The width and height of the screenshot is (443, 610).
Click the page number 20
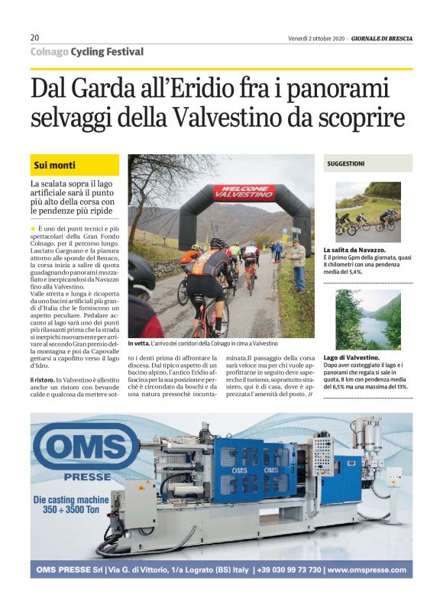[35, 37]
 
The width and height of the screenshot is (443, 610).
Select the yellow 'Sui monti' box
[75, 165]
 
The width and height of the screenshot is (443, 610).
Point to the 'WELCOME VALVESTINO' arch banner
[244, 192]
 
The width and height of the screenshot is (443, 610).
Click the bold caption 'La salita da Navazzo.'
[354, 250]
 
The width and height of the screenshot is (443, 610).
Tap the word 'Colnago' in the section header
[48, 51]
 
